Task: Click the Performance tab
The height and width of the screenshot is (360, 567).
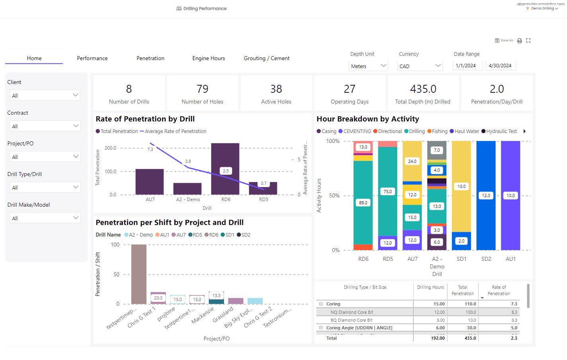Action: (x=92, y=58)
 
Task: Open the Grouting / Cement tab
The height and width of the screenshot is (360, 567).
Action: (x=267, y=58)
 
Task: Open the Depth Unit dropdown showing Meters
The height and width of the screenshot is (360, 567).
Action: (x=368, y=66)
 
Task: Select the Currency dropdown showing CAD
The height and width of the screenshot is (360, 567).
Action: (x=420, y=66)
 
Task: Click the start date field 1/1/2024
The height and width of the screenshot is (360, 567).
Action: (x=467, y=66)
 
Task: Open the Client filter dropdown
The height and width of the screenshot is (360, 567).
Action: (x=45, y=96)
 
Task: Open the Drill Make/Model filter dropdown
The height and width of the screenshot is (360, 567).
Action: (x=45, y=218)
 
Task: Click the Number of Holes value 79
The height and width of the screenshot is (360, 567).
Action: (x=202, y=89)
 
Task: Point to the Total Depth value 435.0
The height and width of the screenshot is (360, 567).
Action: (x=423, y=89)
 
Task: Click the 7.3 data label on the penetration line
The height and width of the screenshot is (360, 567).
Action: (x=150, y=150)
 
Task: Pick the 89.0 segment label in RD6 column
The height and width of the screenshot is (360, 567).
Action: (x=363, y=203)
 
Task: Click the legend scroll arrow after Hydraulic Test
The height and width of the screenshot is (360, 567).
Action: (x=524, y=131)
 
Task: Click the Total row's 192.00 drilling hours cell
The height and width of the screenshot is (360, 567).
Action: (x=437, y=338)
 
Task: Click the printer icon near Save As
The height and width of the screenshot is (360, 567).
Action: (x=519, y=41)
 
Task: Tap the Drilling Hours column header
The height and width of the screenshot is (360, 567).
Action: (x=430, y=287)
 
